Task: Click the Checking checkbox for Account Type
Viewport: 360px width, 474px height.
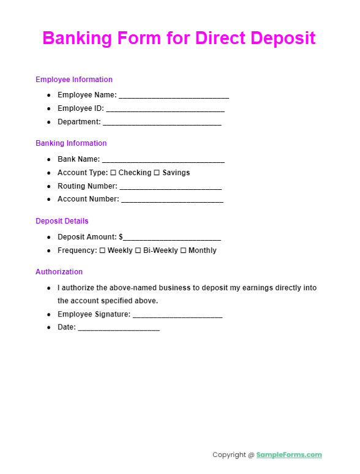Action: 113,173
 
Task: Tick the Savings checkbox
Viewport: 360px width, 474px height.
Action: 157,173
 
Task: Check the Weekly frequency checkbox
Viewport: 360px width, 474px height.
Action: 102,250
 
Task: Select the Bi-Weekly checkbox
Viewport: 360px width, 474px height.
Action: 138,250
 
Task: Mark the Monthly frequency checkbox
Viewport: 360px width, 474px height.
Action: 183,250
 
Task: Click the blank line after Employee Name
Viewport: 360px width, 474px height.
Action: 174,96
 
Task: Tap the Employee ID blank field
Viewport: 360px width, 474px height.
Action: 165,109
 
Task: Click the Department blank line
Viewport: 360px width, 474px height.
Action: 162,122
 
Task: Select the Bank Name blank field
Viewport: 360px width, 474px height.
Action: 163,160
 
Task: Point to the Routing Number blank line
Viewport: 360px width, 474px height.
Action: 170,187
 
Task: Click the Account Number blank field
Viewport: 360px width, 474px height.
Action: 172,200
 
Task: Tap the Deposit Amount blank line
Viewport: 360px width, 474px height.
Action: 172,238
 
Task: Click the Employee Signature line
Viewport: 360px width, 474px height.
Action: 177,315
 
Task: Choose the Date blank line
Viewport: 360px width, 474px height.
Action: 119,328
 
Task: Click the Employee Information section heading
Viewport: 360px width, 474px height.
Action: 74,80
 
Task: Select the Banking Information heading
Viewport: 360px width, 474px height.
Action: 71,143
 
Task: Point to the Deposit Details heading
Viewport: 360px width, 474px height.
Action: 62,221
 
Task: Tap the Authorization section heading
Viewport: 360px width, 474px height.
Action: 59,272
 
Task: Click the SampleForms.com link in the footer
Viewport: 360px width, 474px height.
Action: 289,455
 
